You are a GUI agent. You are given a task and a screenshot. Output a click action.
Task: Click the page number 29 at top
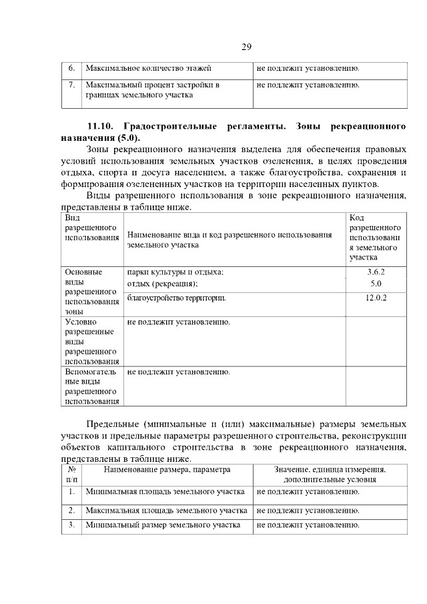click(x=246, y=47)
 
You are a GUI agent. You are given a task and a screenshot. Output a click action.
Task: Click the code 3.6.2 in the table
click(x=376, y=272)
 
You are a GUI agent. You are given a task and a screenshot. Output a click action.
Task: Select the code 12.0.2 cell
click(x=376, y=298)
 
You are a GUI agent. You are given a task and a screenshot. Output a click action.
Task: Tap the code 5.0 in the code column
click(x=376, y=284)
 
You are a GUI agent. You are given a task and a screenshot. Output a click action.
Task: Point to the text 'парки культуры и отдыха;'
click(x=175, y=272)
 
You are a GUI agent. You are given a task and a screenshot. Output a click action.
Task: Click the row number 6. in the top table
click(x=71, y=68)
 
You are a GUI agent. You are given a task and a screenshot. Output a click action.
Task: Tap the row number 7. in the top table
click(x=71, y=85)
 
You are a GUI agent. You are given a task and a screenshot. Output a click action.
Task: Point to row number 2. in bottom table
click(x=71, y=511)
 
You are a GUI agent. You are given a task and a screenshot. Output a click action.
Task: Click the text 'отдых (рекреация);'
click(x=162, y=284)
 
